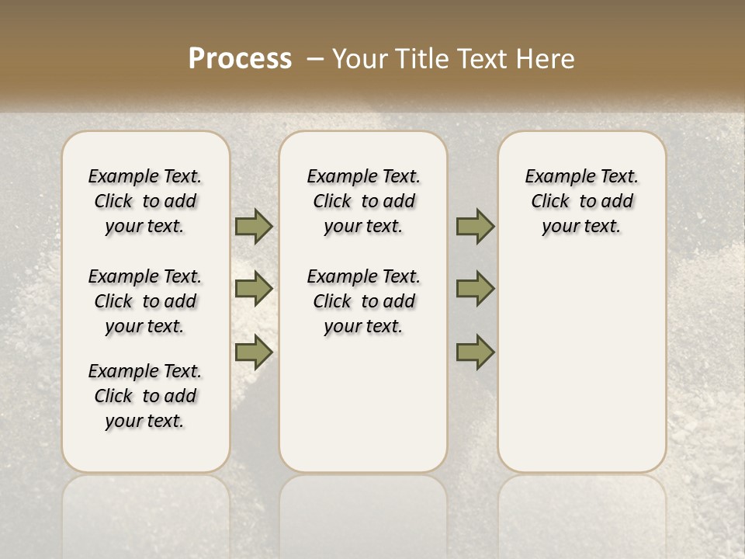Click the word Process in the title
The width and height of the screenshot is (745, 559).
pyautogui.click(x=240, y=59)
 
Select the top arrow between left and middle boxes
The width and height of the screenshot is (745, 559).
pyautogui.click(x=254, y=226)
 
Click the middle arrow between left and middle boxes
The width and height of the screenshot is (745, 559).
pyautogui.click(x=254, y=289)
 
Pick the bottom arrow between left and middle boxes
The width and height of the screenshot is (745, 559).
pyautogui.click(x=254, y=352)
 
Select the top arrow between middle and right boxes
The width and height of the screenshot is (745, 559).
pyautogui.click(x=475, y=226)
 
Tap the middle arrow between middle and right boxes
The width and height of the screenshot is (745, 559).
pyautogui.click(x=475, y=289)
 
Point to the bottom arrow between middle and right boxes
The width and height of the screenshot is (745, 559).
pyautogui.click(x=475, y=352)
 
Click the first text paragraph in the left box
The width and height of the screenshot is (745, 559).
pyautogui.click(x=145, y=201)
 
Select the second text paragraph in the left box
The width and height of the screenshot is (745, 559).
pyautogui.click(x=145, y=301)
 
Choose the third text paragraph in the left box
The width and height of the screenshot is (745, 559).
pyautogui.click(x=145, y=396)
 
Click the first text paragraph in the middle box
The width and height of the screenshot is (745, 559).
pyautogui.click(x=363, y=201)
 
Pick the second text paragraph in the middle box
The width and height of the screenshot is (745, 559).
pyautogui.click(x=363, y=301)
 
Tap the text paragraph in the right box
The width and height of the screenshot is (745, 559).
pyautogui.click(x=581, y=201)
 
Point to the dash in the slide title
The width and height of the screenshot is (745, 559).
pyautogui.click(x=314, y=59)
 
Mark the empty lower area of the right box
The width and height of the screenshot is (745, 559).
pyautogui.click(x=581, y=373)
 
